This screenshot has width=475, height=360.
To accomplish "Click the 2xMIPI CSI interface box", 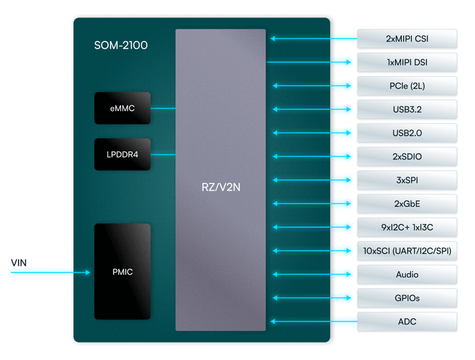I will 407,39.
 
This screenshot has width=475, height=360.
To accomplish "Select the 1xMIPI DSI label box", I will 407,62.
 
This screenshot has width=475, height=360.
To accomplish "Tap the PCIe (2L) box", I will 407,86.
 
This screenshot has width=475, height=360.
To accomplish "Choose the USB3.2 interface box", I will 407,109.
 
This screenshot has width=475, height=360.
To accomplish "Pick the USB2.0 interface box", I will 407,133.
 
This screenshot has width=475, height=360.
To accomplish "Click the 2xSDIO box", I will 407,156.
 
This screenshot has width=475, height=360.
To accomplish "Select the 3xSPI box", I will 407,180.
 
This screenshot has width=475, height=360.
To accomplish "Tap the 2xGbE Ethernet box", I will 407,204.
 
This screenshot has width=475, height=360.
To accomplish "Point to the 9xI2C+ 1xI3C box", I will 407,227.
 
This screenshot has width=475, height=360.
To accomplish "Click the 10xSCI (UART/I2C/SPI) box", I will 407,251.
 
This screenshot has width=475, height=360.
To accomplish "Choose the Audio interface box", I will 407,275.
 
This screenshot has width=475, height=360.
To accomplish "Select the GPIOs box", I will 407,298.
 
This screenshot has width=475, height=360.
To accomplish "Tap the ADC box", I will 407,322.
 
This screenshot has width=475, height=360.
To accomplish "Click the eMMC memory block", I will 122,108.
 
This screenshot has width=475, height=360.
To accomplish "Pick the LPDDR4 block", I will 122,155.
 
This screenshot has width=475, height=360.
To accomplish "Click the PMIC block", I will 122,272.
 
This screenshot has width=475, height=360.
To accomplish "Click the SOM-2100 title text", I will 121,46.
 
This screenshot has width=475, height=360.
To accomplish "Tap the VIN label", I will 19,262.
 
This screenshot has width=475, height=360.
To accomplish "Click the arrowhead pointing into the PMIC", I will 87,273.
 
